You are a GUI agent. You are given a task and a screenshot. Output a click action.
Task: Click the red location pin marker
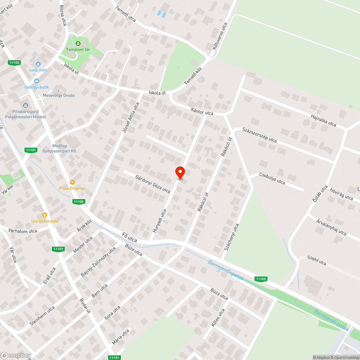[x=180, y=172]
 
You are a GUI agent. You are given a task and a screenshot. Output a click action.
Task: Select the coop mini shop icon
[x=38, y=64]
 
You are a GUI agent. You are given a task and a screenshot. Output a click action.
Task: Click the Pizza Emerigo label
[x=72, y=188]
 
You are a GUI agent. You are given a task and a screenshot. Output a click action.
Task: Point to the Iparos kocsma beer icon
[x=45, y=215]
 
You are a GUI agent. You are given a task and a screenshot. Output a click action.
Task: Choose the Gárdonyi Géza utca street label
[x=153, y=184]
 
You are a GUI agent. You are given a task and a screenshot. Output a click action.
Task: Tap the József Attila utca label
[x=130, y=118]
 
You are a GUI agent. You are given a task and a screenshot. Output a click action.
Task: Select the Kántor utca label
[x=202, y=113]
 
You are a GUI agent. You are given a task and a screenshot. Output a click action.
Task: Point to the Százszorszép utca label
[x=259, y=135]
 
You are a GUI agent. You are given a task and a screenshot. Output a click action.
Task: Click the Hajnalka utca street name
[x=324, y=119]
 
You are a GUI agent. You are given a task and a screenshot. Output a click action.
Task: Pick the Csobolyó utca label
[x=272, y=178]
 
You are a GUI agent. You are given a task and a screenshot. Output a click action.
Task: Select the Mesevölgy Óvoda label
[x=59, y=95]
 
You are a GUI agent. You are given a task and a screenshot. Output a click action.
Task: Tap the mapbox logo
[x=16, y=355]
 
